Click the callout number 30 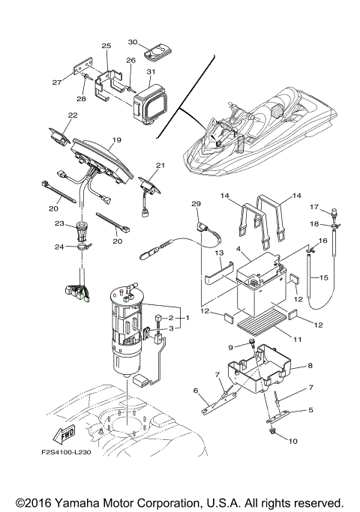coord(133,43)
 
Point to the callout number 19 coord(116,140)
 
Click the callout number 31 coord(150,72)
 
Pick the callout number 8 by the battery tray coord(309,366)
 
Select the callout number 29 coord(196,204)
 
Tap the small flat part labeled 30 coord(157,52)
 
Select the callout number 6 coord(196,391)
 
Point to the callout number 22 coord(73,115)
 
